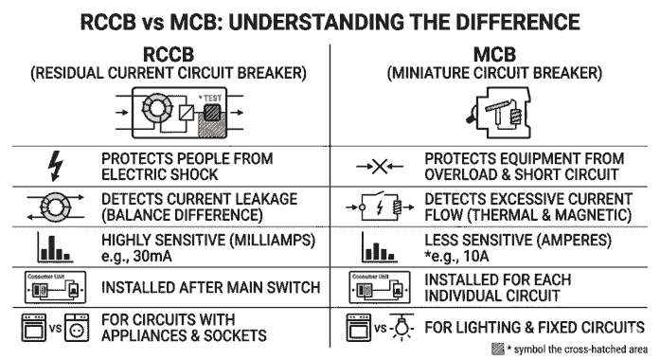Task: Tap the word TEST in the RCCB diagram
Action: point(214,98)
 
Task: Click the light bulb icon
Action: point(399,329)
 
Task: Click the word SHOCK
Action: point(197,174)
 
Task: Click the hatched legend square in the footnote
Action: point(497,350)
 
